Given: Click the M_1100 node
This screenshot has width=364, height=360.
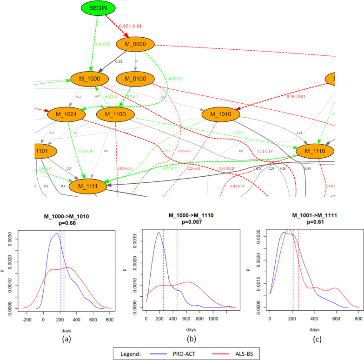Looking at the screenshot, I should coord(115,113).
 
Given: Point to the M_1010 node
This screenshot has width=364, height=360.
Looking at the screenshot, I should coord(221,113).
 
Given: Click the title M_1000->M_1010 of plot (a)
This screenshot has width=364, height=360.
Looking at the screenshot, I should coord(61,216).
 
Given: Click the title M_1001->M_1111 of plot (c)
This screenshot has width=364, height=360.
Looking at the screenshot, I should coord(304,216).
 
